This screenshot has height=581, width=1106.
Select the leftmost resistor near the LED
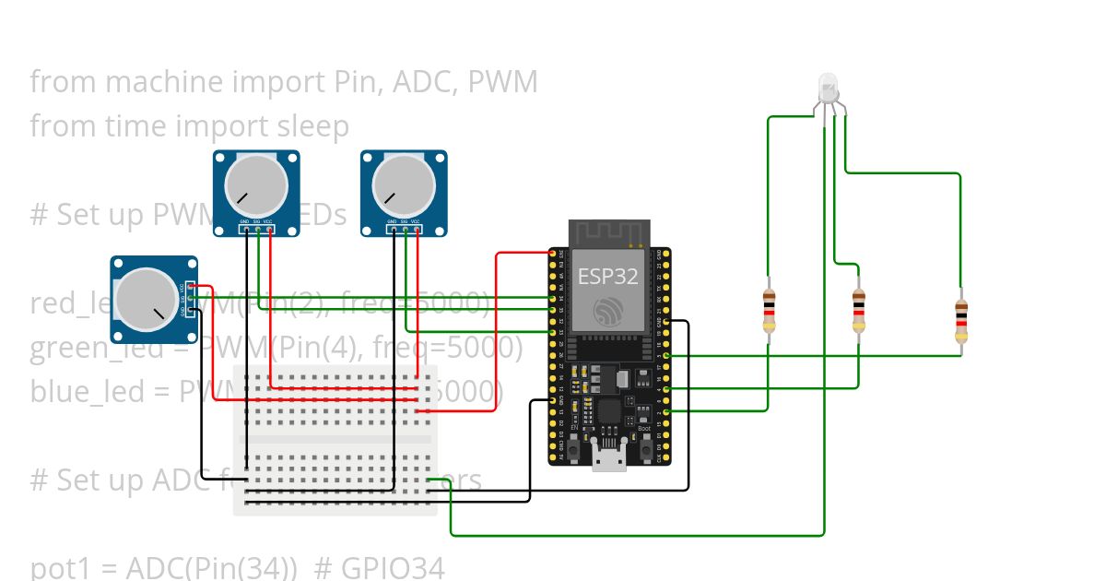[769, 311]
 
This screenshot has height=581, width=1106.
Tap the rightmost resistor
[961, 320]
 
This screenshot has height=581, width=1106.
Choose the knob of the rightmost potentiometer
[404, 185]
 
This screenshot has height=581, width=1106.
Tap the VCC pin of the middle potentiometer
[269, 229]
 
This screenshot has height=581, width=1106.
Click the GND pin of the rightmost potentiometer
[393, 229]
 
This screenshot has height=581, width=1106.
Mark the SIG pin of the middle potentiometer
[257, 229]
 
